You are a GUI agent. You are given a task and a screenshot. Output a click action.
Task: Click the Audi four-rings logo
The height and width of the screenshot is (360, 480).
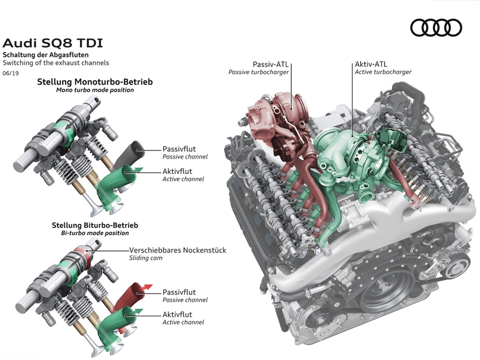[x=436, y=27]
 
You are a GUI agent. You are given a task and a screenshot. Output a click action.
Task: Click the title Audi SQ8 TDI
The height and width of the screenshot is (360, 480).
[x=53, y=43]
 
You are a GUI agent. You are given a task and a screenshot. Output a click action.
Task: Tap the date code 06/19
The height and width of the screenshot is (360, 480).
[x=11, y=73]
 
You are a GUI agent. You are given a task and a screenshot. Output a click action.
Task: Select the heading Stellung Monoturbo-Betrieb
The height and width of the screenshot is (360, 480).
[x=95, y=82]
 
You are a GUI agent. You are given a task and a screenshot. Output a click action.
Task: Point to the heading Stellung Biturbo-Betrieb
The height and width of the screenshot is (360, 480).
[x=95, y=225]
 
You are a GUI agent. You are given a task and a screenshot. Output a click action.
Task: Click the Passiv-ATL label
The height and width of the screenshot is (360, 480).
[x=271, y=64]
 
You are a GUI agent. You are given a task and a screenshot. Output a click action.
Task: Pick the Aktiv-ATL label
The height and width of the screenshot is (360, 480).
[x=371, y=64]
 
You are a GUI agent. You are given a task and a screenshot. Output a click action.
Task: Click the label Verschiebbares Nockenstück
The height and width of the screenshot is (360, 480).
[x=178, y=250]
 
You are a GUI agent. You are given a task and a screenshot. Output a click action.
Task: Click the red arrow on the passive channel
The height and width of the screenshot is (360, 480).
[x=147, y=287]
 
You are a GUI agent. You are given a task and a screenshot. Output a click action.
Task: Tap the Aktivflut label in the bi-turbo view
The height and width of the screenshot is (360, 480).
[x=177, y=315]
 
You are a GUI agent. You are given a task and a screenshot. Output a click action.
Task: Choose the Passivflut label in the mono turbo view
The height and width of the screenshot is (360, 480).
[x=179, y=149]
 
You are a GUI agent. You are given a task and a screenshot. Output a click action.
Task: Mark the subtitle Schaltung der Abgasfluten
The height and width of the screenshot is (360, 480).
[x=45, y=55]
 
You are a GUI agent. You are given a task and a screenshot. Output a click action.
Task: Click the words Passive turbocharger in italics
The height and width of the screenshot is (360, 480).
[x=259, y=72]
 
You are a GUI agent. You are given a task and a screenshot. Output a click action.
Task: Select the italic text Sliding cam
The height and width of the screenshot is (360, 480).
[x=146, y=258]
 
